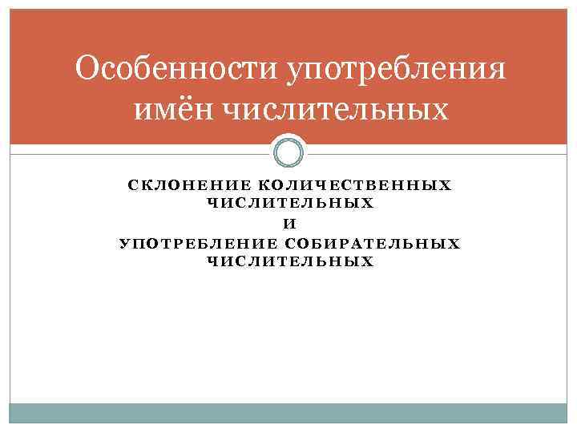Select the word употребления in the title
point(396,70)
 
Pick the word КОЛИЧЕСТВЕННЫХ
point(356,185)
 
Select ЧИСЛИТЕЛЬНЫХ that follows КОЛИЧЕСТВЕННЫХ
point(290,203)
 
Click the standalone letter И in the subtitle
point(290,224)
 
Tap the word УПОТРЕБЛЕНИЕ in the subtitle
point(198,244)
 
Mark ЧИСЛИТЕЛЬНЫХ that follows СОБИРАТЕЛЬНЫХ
point(290,262)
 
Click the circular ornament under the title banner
point(288,152)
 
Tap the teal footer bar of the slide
point(288,412)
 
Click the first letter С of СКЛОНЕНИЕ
point(133,185)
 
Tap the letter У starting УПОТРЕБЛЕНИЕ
point(124,244)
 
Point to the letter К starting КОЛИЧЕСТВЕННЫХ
point(264,185)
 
